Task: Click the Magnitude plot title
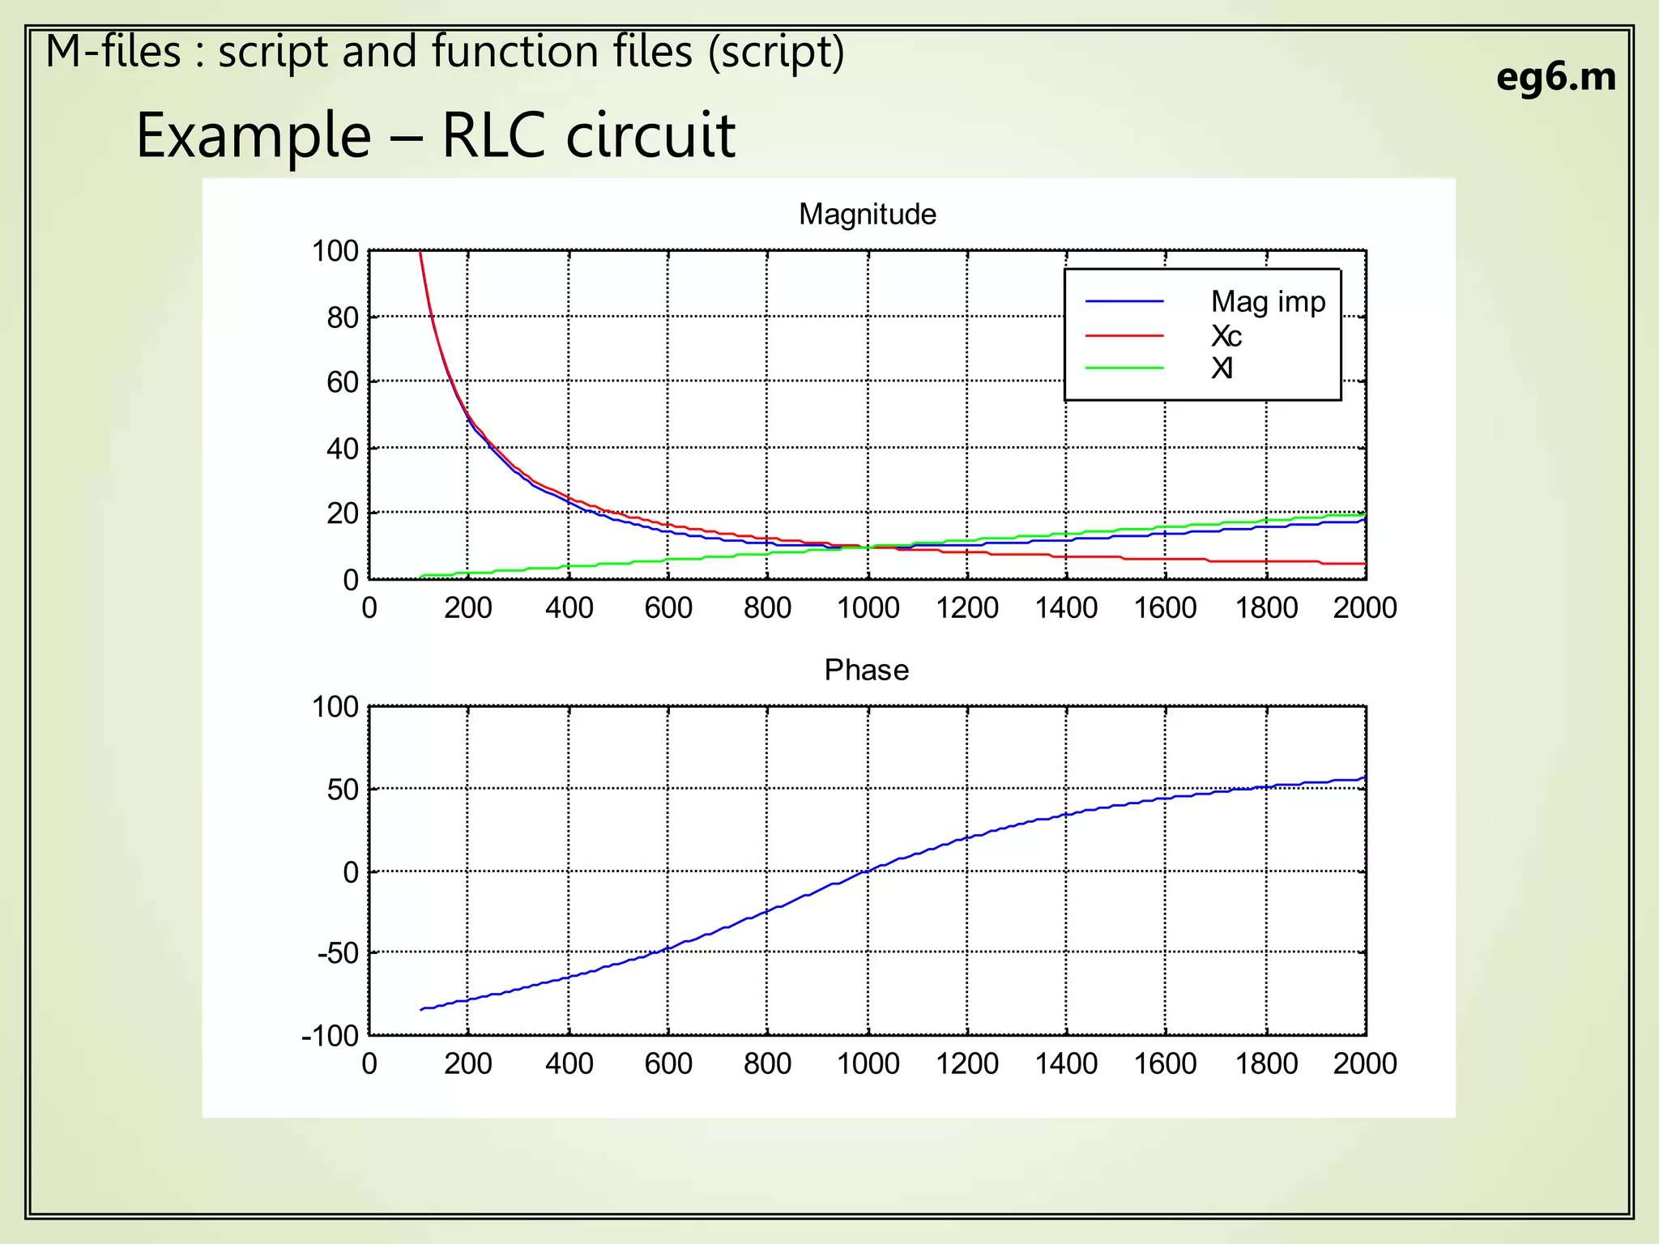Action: [x=867, y=215]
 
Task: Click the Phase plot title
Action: [x=866, y=671]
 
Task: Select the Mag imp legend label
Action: [x=1268, y=302]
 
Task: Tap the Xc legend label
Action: [x=1226, y=336]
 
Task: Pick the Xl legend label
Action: [x=1222, y=369]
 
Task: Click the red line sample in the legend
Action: [x=1124, y=335]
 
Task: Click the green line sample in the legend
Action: [x=1124, y=369]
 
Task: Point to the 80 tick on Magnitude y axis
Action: [x=342, y=317]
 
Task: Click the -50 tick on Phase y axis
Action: [x=338, y=954]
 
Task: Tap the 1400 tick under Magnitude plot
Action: [x=1066, y=608]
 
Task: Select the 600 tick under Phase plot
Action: [x=668, y=1064]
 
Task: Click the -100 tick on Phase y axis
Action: [x=330, y=1036]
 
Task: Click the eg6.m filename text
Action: [x=1555, y=78]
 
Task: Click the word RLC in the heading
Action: [x=495, y=135]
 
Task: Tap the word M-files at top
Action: [x=113, y=52]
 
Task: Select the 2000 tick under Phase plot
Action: [x=1365, y=1064]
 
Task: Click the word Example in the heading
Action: [x=254, y=136]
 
